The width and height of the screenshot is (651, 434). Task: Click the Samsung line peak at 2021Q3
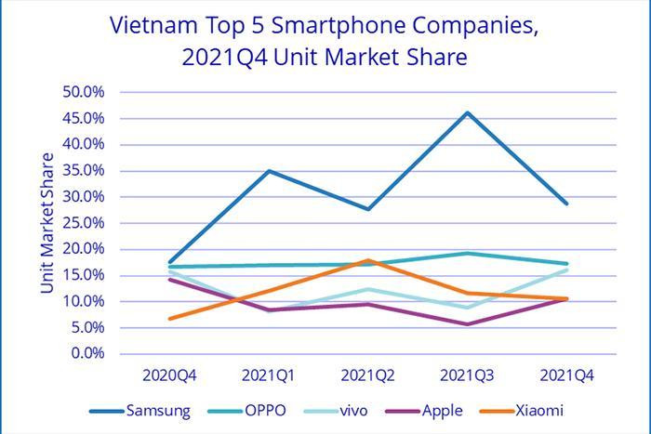(x=467, y=112)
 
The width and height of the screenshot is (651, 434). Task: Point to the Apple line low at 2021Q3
(x=467, y=324)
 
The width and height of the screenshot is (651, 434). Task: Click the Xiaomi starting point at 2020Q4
(x=169, y=319)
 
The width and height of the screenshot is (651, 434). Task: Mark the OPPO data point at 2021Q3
(x=467, y=253)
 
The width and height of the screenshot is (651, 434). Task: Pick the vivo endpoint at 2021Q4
(x=565, y=270)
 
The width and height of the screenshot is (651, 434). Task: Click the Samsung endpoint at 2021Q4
(x=565, y=204)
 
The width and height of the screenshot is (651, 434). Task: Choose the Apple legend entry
(x=432, y=410)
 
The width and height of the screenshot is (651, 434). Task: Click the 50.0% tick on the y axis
(x=84, y=92)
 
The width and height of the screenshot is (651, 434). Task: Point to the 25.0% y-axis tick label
(x=84, y=223)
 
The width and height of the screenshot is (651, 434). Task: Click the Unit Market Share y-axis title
(x=46, y=223)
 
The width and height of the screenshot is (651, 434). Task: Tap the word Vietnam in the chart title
(x=149, y=24)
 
